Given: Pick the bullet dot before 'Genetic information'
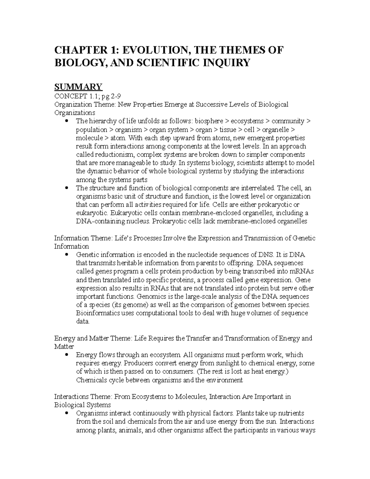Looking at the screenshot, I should (67, 255).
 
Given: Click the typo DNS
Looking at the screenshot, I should (266, 255).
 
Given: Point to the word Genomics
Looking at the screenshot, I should (150, 296).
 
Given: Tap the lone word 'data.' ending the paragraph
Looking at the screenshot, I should (83, 321).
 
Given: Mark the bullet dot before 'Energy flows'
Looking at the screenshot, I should (67, 355).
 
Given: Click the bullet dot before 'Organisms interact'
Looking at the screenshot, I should (67, 413).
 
